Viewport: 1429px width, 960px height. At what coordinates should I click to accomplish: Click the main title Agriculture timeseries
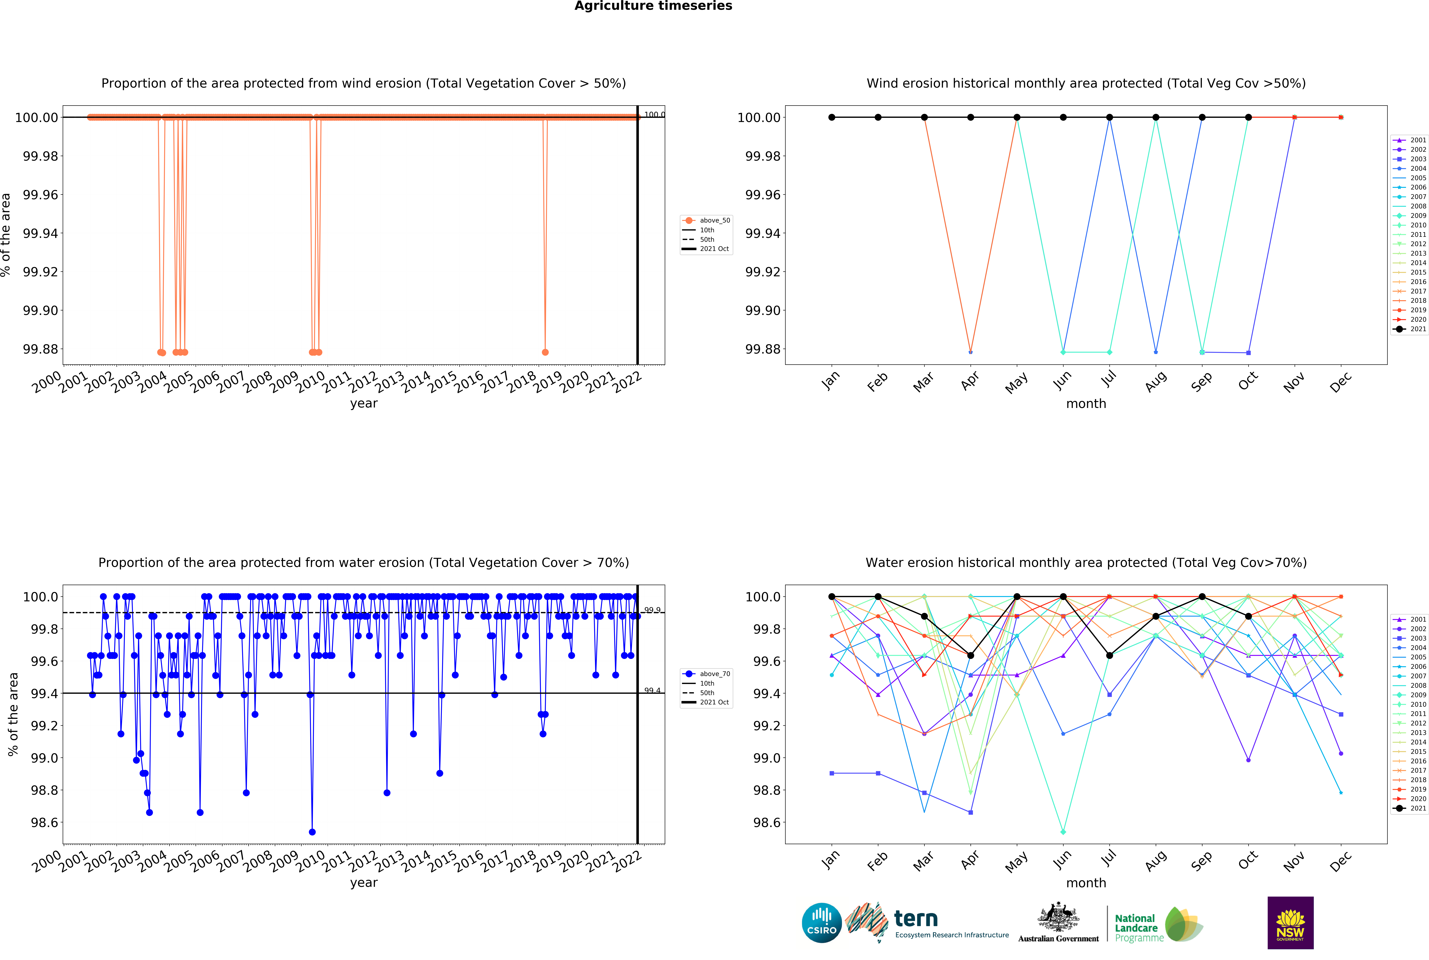(x=653, y=6)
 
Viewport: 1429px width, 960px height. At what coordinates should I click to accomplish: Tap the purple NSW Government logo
(x=1290, y=923)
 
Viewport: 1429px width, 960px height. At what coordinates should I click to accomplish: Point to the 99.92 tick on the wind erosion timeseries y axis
(x=40, y=272)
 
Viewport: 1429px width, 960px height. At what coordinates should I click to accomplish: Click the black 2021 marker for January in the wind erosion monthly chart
(x=832, y=118)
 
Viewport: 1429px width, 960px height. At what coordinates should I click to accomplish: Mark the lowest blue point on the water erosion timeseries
(x=312, y=832)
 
